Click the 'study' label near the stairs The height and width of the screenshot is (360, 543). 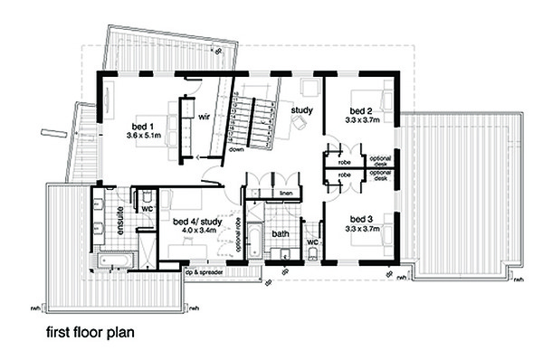(x=301, y=110)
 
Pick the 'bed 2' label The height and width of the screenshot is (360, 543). (x=360, y=112)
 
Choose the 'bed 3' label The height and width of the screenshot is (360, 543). (x=360, y=219)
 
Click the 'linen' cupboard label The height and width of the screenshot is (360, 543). (x=285, y=194)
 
